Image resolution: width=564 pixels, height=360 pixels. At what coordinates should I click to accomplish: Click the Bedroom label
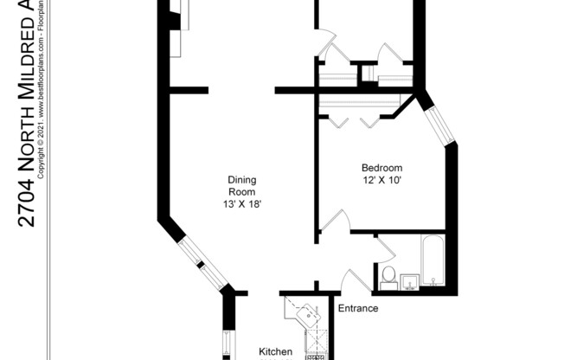[381, 168]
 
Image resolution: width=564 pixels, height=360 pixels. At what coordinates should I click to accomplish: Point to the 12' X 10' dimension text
[381, 181]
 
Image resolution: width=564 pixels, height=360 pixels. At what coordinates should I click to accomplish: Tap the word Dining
[241, 180]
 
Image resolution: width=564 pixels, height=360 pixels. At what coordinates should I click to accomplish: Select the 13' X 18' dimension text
[241, 204]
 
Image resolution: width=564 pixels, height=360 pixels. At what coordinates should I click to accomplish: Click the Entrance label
[357, 308]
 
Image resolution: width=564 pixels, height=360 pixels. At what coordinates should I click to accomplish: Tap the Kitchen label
[277, 352]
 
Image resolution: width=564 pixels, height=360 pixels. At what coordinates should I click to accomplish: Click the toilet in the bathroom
[388, 276]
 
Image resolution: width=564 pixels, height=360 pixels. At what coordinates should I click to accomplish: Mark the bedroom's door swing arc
[336, 221]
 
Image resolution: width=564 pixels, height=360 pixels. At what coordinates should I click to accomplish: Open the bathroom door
[384, 251]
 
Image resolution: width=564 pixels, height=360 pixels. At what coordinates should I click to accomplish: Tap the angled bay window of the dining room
[201, 264]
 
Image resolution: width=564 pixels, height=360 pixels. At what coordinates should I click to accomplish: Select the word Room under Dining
[241, 192]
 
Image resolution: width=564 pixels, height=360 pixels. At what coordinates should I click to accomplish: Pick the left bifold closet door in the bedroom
[337, 119]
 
